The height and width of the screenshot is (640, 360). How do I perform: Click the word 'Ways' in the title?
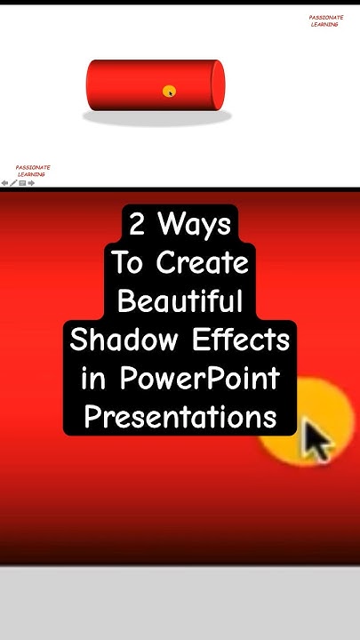[x=195, y=225]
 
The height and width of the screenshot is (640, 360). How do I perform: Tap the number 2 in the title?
[x=137, y=225]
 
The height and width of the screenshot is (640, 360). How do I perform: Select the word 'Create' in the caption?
[x=204, y=263]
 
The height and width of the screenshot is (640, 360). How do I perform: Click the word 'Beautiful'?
[x=180, y=301]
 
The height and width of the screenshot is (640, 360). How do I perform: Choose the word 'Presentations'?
[x=180, y=417]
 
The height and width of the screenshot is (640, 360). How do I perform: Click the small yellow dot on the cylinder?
[x=169, y=91]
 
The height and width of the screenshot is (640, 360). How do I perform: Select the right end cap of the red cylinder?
[x=216, y=84]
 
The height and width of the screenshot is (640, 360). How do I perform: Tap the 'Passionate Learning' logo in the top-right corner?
[x=325, y=20]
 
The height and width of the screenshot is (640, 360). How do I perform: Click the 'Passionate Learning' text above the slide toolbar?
[x=32, y=171]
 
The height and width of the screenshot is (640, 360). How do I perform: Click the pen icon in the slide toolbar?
[x=13, y=183]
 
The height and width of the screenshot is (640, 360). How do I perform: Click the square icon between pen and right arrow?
[x=22, y=183]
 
